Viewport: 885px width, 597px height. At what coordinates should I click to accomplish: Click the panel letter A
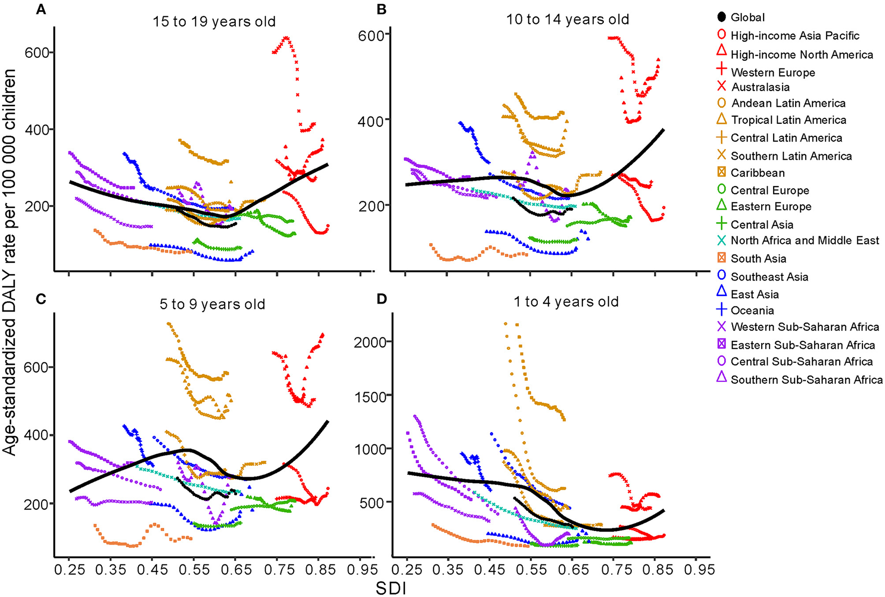tap(41, 9)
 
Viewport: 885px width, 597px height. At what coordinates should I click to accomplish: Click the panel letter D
tap(382, 299)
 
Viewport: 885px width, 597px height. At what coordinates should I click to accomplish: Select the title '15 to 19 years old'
tap(214, 22)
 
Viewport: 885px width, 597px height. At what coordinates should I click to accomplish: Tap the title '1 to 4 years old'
tap(567, 302)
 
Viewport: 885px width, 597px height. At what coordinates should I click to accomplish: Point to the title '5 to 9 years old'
tap(212, 304)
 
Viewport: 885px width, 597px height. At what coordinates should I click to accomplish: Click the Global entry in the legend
tap(747, 17)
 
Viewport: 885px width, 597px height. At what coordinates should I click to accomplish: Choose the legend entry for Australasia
tap(760, 87)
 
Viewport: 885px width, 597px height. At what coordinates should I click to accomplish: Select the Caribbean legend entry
tap(757, 173)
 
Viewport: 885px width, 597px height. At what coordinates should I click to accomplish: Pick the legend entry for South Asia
tap(758, 259)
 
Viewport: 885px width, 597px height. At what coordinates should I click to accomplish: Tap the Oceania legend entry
tap(752, 310)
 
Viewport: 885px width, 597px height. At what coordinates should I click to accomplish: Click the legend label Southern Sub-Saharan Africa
tap(806, 380)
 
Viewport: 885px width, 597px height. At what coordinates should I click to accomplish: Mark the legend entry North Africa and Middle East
tap(804, 241)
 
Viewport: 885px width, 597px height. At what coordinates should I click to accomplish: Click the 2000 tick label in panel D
tap(370, 342)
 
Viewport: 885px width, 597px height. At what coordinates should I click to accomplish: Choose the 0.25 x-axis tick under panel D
tap(408, 570)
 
